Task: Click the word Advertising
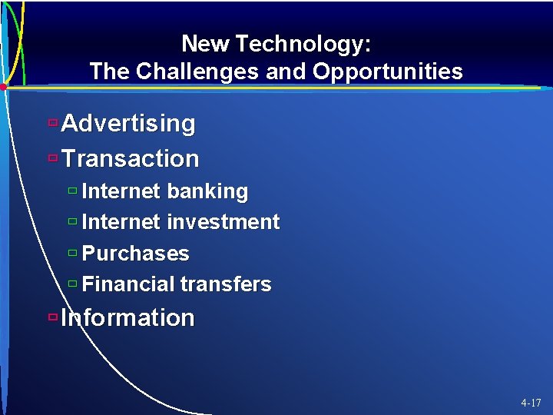point(128,123)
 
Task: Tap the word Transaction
point(131,158)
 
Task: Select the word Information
point(127,317)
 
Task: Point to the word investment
point(223,222)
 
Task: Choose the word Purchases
point(135,254)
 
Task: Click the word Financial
point(127,284)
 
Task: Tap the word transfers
point(226,284)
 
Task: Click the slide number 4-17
point(531,402)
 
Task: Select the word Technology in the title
point(303,45)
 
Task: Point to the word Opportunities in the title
point(388,72)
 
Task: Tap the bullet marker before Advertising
point(52,122)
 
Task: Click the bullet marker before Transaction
point(52,158)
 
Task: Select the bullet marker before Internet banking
point(72,191)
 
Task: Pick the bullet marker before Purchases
point(72,253)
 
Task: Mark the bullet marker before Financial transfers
point(72,284)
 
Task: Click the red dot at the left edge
point(4,88)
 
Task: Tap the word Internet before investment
point(121,222)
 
